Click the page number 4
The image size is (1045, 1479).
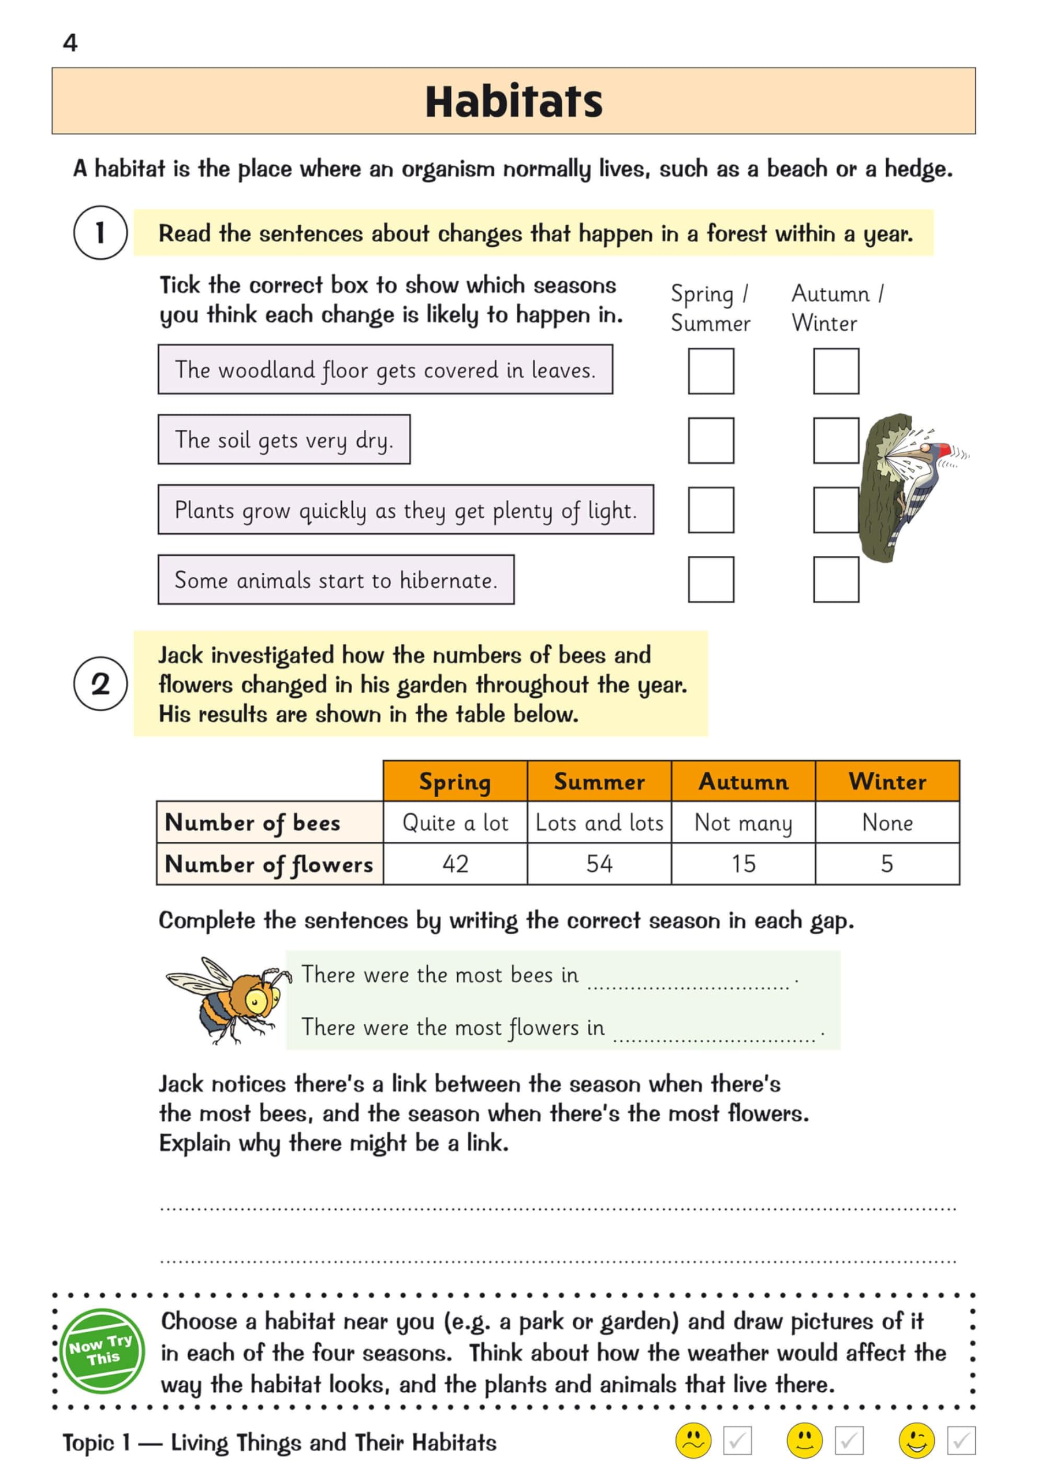pos(70,43)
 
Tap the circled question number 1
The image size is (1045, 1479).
pos(100,233)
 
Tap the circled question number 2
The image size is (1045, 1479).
pos(100,683)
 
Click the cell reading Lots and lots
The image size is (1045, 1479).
pos(599,823)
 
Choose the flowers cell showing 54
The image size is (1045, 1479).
pos(599,864)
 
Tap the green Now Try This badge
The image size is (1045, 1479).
pos(102,1351)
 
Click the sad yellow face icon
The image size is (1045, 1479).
pos(693,1440)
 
